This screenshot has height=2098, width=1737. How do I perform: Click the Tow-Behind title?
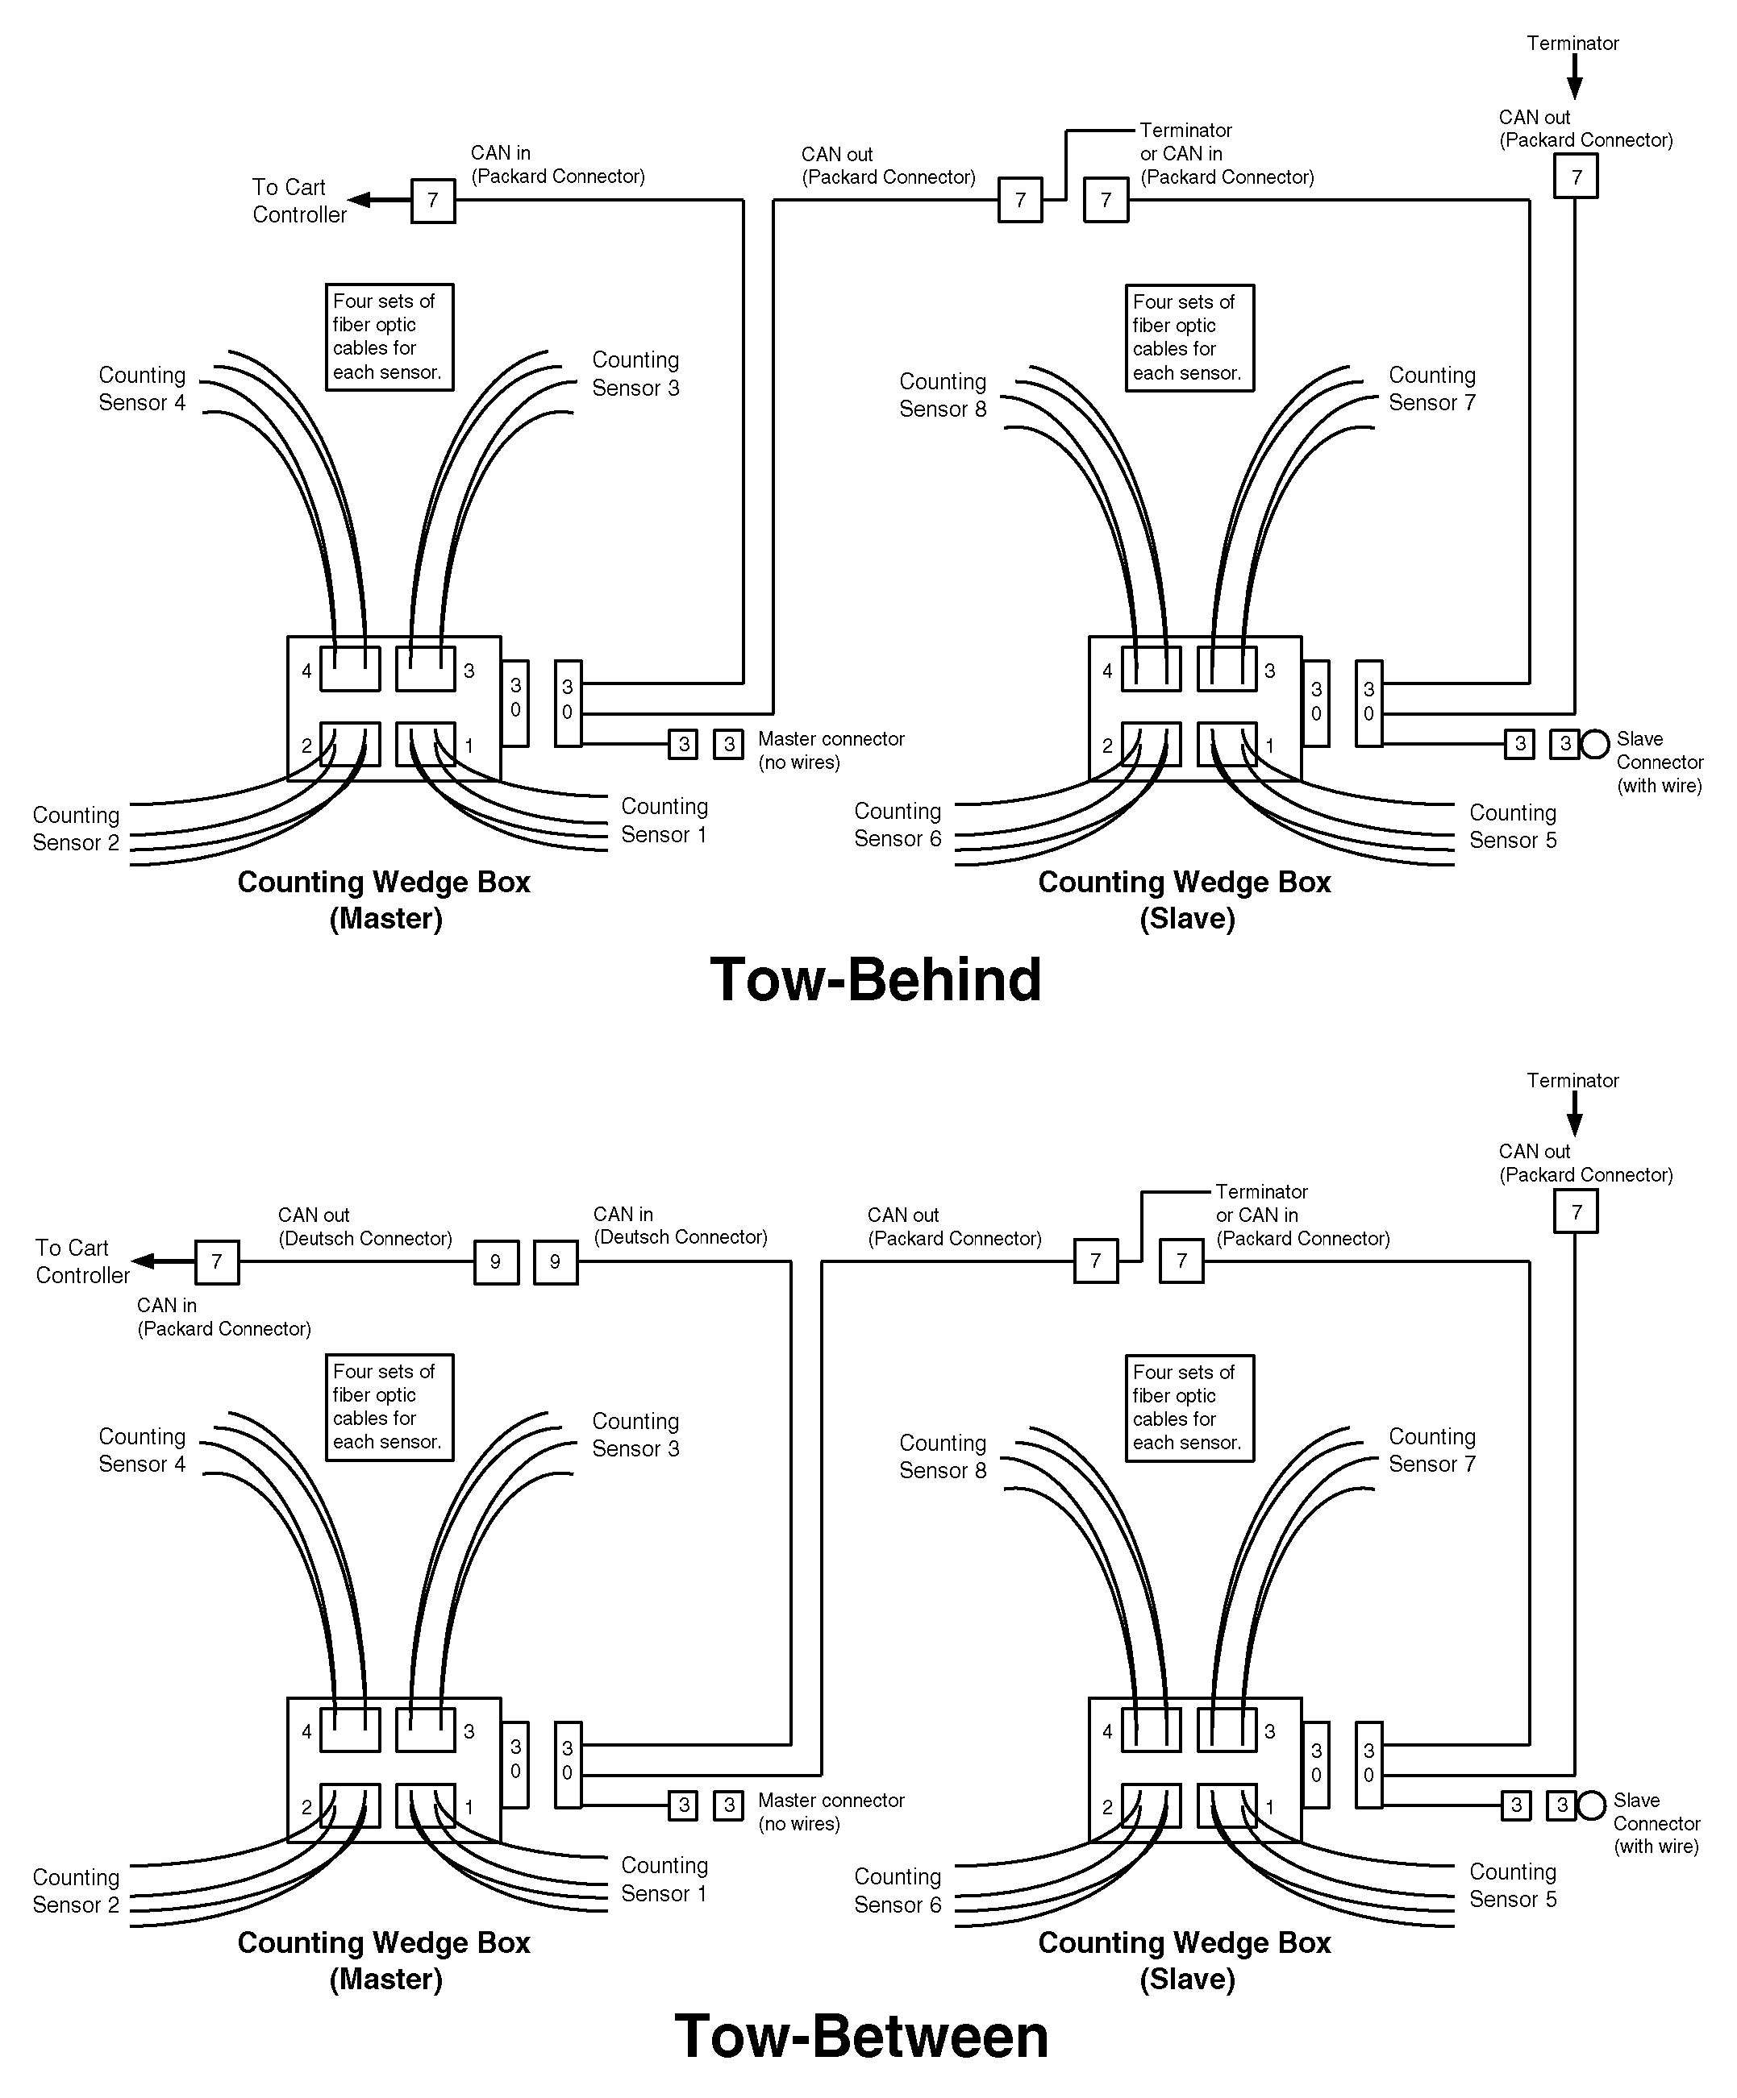pyautogui.click(x=876, y=980)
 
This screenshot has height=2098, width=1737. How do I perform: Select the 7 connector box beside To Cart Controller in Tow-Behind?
pyautogui.click(x=433, y=201)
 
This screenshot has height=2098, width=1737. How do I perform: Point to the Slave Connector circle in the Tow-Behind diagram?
pyautogui.click(x=1595, y=743)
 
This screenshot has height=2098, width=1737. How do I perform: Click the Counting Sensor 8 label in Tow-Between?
pyautogui.click(x=943, y=1456)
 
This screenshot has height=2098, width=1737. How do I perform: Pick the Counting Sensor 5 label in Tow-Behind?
pyautogui.click(x=1512, y=826)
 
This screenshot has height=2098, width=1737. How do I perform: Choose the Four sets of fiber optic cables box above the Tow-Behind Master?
pyautogui.click(x=389, y=337)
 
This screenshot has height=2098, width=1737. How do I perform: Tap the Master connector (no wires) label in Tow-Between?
pyautogui.click(x=831, y=1811)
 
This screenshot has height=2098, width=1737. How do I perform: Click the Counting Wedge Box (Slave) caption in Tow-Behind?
pyautogui.click(x=1185, y=900)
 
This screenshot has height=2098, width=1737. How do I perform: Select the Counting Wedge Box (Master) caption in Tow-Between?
pyautogui.click(x=384, y=1960)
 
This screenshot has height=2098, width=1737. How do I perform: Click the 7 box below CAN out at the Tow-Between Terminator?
pyautogui.click(x=1576, y=1212)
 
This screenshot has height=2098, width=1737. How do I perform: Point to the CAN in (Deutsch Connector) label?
pyautogui.click(x=680, y=1226)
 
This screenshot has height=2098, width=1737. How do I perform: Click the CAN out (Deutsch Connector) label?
pyautogui.click(x=364, y=1227)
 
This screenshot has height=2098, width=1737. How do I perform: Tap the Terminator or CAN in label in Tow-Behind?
pyautogui.click(x=1227, y=154)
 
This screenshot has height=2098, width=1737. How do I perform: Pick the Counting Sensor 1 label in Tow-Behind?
pyautogui.click(x=664, y=821)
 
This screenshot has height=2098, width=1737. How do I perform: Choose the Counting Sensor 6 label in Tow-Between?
pyautogui.click(x=898, y=1890)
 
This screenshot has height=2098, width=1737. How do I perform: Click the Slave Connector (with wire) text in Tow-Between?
pyautogui.click(x=1656, y=1823)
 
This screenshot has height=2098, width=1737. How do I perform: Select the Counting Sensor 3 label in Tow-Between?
pyautogui.click(x=635, y=1435)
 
